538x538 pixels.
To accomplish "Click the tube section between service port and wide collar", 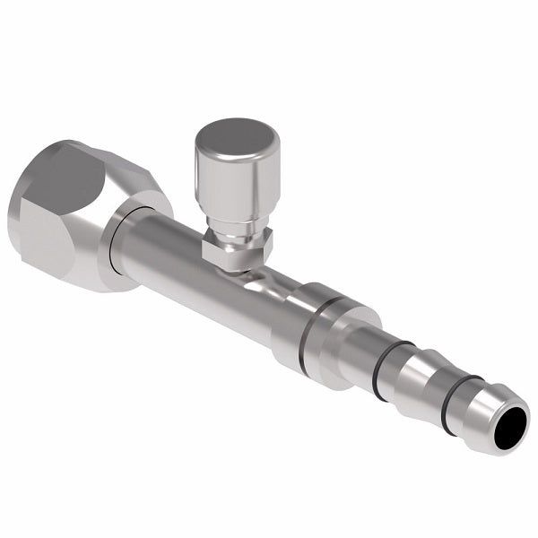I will click(x=269, y=305).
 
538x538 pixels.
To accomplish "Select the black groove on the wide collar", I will click(x=313, y=333).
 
